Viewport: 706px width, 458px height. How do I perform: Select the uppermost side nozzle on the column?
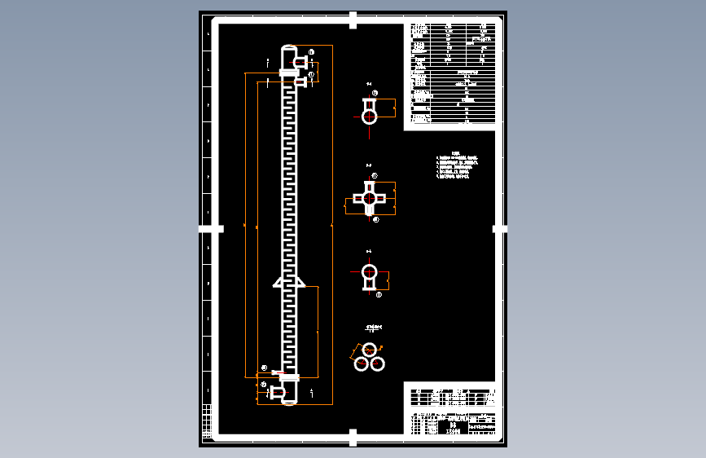coord(301,62)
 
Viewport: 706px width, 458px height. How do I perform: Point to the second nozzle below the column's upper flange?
coord(301,81)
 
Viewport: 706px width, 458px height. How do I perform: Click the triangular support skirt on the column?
coord(289,282)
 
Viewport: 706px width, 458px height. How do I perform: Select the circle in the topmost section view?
coord(371,116)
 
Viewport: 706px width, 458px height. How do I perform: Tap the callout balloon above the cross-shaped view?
coord(375,176)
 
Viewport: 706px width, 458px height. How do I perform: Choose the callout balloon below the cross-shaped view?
coord(375,219)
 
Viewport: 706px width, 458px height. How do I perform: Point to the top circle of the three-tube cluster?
coord(370,350)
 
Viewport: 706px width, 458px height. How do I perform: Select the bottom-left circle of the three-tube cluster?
coord(362,363)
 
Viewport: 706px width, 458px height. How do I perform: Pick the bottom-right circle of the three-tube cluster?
coord(378,363)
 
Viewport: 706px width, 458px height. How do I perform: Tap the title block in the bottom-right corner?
coord(450,412)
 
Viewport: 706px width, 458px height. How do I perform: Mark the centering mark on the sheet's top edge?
coord(353,20)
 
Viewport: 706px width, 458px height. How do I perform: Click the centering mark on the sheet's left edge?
coord(211,229)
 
